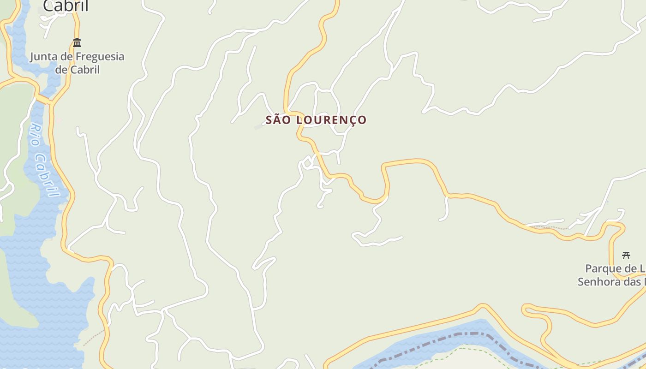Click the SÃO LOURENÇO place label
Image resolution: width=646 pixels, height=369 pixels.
point(316,120)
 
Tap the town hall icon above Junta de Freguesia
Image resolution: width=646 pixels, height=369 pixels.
point(77,43)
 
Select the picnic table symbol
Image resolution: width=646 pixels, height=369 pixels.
point(626,255)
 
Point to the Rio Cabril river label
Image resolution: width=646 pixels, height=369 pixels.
point(45,160)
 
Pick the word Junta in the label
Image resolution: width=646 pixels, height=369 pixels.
point(44,57)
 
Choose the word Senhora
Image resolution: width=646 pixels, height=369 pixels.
point(599,281)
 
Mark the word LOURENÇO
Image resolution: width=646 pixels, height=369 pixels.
point(331,120)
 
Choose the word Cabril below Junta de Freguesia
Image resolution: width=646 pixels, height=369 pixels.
point(84,70)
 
